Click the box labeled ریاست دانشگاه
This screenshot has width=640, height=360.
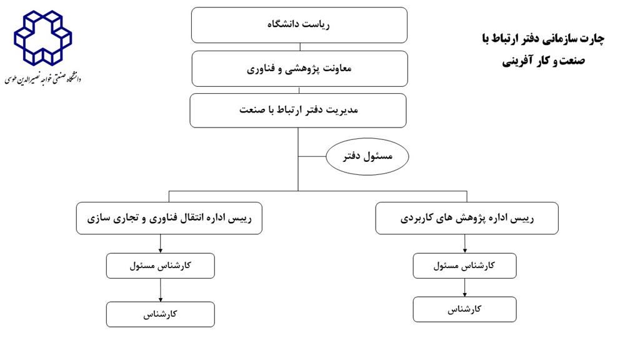pos(299,25)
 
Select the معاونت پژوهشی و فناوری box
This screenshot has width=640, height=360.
pos(299,69)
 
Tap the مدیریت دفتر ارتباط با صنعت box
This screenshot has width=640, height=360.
pos(298,111)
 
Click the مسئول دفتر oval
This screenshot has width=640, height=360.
pos(367,156)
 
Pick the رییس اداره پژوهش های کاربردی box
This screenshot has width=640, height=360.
pos(467,218)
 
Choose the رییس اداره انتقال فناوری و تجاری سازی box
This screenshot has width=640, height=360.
pos(169,218)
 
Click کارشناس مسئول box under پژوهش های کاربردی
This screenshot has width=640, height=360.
pos(464,266)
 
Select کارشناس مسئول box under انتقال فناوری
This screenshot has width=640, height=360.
pos(161,266)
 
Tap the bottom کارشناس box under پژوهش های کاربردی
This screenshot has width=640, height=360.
pos(464,309)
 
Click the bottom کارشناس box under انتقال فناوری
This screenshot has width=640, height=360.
pos(161,314)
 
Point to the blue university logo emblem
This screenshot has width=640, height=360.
pos(43,37)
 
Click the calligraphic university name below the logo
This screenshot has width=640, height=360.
pos(43,78)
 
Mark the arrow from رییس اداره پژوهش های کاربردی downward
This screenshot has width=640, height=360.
pos(464,244)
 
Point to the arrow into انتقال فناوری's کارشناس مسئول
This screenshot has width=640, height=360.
pos(161,244)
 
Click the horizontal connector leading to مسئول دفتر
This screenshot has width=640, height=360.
pos(312,156)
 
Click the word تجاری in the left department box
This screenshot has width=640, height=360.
pos(128,218)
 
